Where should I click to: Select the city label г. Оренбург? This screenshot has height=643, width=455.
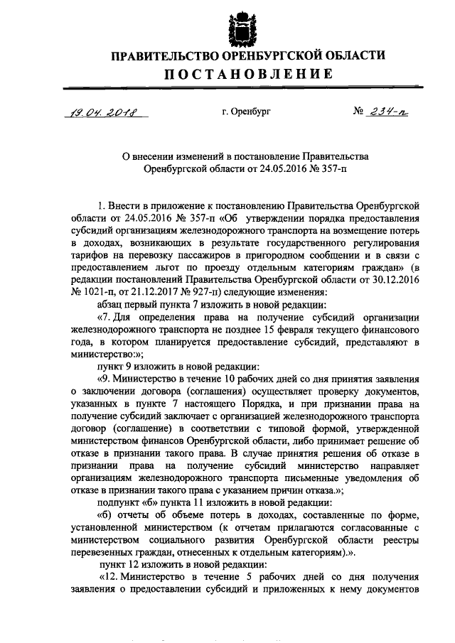246,112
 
